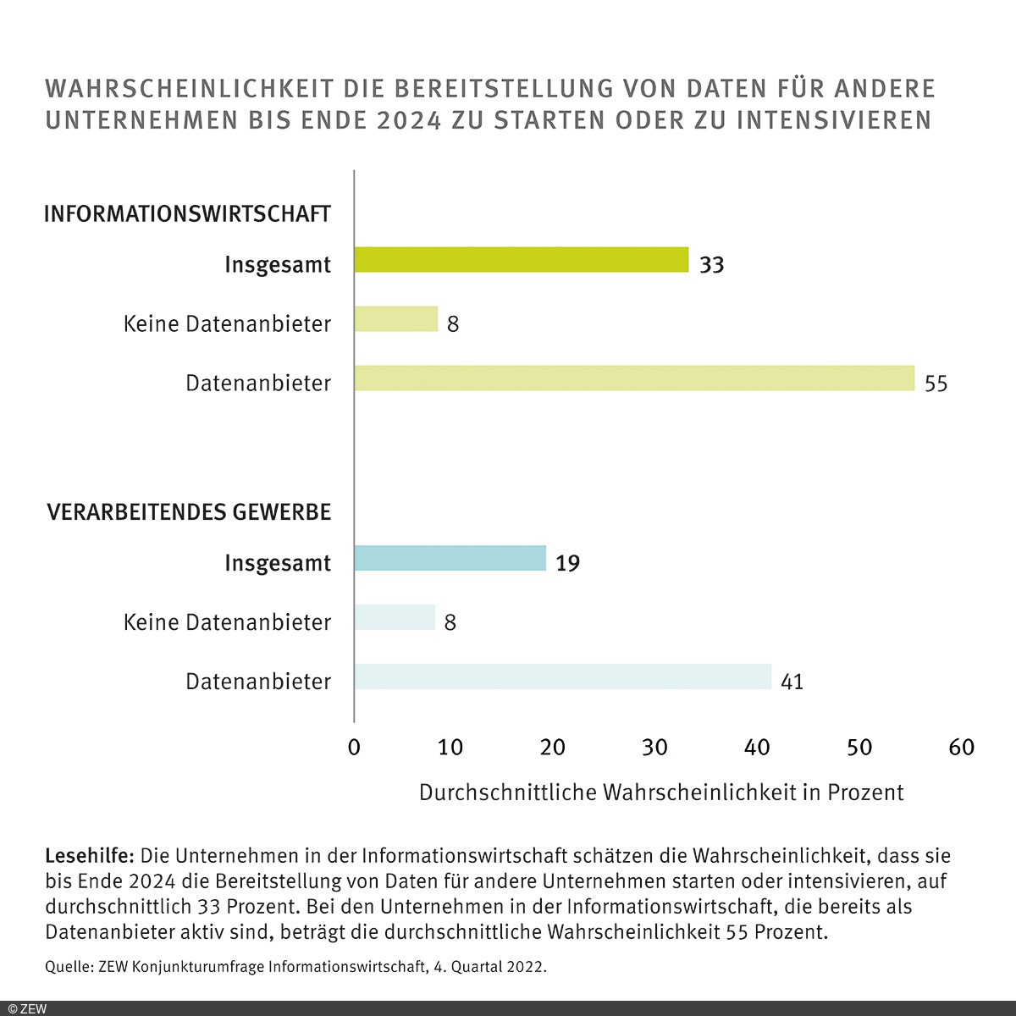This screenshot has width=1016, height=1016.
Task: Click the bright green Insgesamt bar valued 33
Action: (522, 260)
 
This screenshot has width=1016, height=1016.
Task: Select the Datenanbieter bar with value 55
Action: (634, 378)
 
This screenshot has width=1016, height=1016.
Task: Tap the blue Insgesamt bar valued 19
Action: (450, 559)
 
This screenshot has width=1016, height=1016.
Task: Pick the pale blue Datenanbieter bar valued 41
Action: (563, 677)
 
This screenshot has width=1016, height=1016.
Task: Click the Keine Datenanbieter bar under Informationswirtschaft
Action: (396, 319)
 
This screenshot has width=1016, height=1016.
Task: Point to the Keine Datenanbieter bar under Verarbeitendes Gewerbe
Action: (395, 618)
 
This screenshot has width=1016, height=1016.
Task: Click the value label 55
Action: (936, 384)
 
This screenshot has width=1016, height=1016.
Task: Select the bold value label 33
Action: (712, 265)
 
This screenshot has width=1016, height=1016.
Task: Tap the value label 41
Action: (792, 682)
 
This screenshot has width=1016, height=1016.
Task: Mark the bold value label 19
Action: (567, 564)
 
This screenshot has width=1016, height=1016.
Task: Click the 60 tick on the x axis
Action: (962, 748)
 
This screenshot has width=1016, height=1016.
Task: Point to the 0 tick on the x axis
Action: (354, 748)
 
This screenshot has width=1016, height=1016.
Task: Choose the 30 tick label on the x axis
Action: (654, 748)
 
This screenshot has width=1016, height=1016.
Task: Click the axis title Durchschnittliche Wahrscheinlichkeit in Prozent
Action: (661, 792)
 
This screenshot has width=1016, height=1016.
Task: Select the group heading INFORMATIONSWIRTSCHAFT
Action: (187, 214)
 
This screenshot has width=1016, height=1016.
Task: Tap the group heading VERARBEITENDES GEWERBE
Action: (189, 513)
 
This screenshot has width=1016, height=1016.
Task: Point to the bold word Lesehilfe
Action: (90, 855)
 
